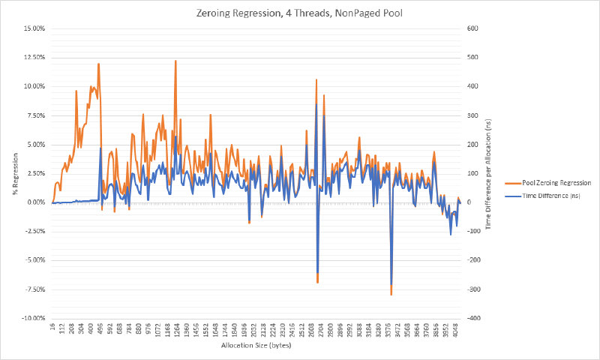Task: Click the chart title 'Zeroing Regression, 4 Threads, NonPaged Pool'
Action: tap(300, 10)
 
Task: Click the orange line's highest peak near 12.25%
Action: tap(175, 61)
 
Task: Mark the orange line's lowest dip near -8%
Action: tap(391, 295)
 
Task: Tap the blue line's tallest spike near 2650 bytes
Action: tap(316, 104)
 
